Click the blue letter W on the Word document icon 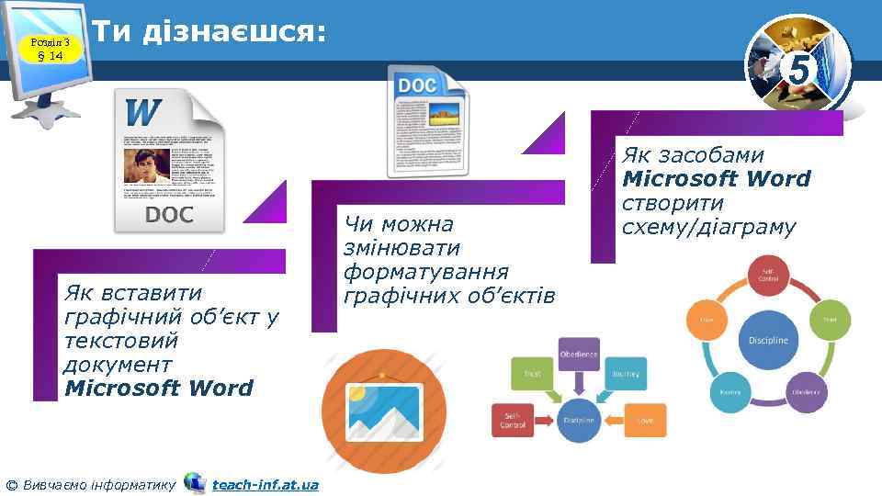point(143,113)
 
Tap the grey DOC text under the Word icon point(169,215)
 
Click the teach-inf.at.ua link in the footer point(265,484)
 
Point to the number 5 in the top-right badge point(799,71)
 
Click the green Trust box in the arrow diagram point(532,374)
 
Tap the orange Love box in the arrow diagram point(645,420)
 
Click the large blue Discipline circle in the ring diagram point(768,340)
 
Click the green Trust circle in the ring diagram point(829,319)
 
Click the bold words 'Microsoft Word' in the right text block point(717,179)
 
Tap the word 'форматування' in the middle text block point(425,273)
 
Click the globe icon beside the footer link point(195,482)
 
